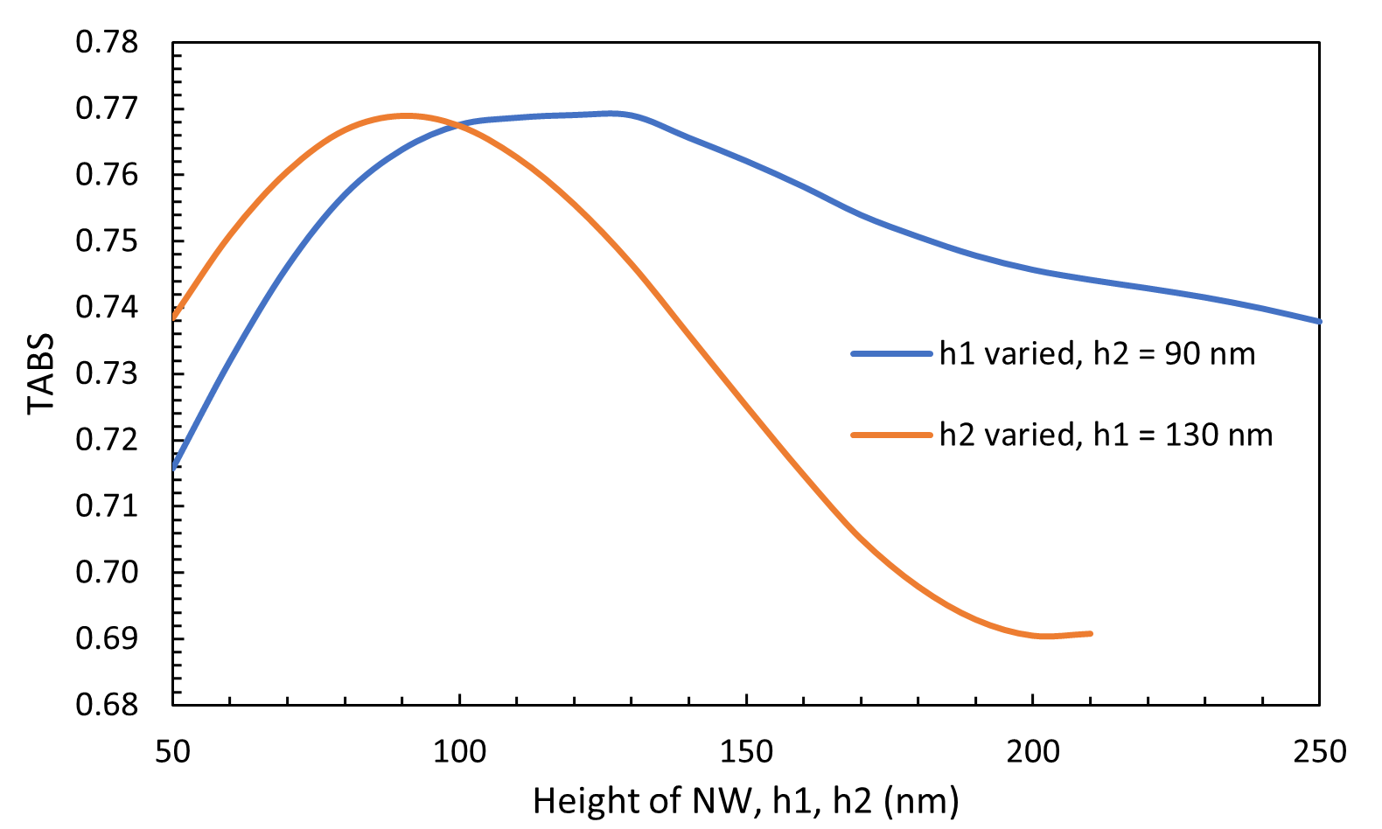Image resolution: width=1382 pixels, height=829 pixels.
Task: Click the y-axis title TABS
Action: (40, 373)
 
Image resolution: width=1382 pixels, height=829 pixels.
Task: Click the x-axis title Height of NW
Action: (745, 801)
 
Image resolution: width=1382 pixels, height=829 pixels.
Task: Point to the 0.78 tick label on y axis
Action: (107, 42)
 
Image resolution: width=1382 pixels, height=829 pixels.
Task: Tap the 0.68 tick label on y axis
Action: (107, 704)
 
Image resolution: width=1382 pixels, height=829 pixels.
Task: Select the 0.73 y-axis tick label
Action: (107, 373)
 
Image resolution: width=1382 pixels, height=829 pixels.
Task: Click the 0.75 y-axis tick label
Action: (107, 240)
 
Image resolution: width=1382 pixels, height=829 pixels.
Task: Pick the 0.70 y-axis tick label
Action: (107, 572)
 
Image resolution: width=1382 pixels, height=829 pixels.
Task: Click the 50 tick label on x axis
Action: (172, 751)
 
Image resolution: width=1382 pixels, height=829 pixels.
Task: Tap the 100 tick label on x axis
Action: (459, 751)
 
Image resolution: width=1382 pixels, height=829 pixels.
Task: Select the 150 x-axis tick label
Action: (746, 751)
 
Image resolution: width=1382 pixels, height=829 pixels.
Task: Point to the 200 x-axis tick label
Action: (1033, 751)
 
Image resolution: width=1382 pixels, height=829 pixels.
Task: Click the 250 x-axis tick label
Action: (1319, 751)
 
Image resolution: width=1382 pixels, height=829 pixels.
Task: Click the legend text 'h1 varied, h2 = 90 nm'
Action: (1097, 354)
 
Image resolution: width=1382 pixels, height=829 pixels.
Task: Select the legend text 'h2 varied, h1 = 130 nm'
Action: (1106, 435)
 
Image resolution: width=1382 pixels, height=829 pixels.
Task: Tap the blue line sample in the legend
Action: (891, 354)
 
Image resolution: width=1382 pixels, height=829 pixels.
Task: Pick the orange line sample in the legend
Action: (891, 435)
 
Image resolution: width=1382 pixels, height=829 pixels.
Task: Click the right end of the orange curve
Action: (1091, 633)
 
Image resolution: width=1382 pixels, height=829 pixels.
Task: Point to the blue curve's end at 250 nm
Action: (1318, 322)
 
